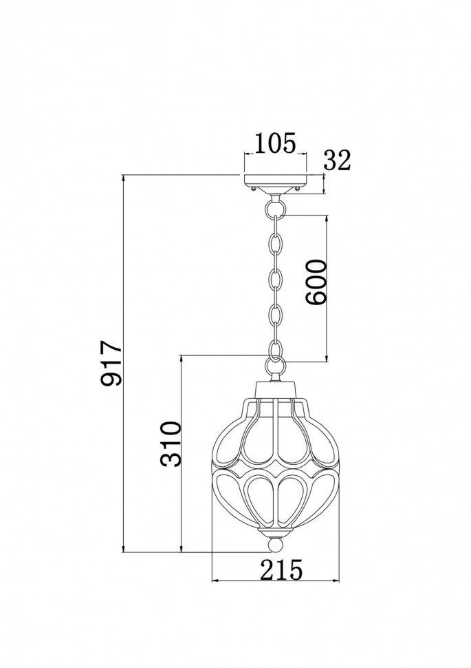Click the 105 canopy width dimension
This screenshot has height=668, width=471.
[x=275, y=143]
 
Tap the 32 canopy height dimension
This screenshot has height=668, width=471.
[x=337, y=160]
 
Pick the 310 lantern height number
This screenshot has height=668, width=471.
[x=170, y=444]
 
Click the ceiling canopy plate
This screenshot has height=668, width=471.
[x=275, y=181]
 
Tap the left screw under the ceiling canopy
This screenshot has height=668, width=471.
[x=254, y=188]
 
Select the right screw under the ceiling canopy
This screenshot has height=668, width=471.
[x=296, y=188]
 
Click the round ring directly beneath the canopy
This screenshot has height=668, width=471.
[x=275, y=205]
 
